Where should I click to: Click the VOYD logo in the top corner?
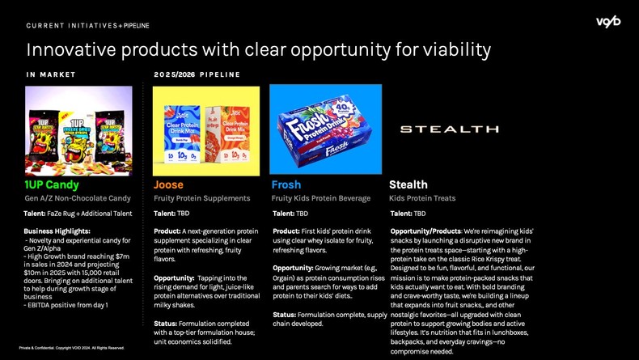(607, 21)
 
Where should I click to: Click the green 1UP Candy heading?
(52, 185)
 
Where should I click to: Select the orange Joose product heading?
(168, 185)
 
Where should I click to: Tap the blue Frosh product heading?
(286, 185)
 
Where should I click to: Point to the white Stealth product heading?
(408, 185)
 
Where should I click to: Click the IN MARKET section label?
(51, 74)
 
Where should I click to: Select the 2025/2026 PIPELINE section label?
(197, 74)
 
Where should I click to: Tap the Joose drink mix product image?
(205, 131)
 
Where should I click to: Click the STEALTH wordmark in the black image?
(438, 129)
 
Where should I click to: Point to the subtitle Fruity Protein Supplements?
(202, 198)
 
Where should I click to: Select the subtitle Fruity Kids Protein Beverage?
(320, 198)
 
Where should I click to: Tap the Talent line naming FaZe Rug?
(78, 214)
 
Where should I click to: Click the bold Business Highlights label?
(57, 231)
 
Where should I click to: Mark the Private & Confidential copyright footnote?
(72, 348)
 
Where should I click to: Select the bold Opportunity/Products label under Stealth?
(425, 231)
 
